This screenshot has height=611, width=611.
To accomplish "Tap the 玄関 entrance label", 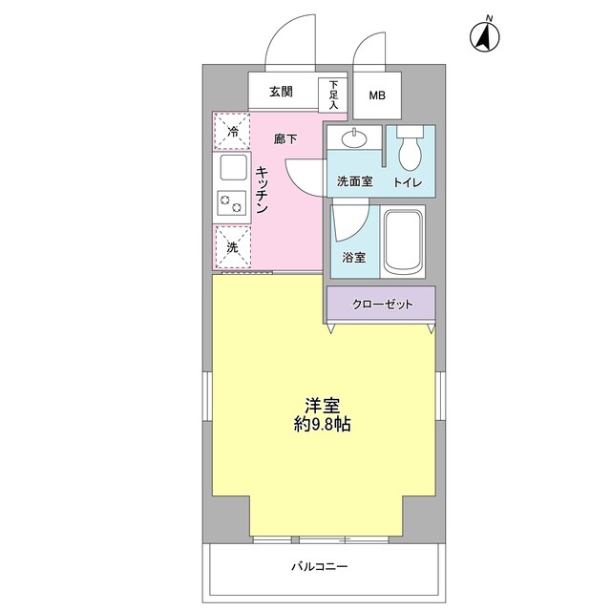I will pos(280,93).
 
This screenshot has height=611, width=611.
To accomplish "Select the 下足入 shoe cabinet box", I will pos(333,94).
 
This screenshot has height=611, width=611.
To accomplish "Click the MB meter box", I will pos(379,95).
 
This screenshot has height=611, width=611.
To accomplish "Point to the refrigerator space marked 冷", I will pos(232,133).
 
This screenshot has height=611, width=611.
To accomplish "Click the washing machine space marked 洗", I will pos(232,247).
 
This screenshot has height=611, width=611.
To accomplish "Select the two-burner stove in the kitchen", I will pos(233,202).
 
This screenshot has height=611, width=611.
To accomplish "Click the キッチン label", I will pos(263,190).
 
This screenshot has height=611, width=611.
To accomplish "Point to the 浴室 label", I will pos(353,257).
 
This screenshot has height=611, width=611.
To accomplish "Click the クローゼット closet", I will pos(381,305).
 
